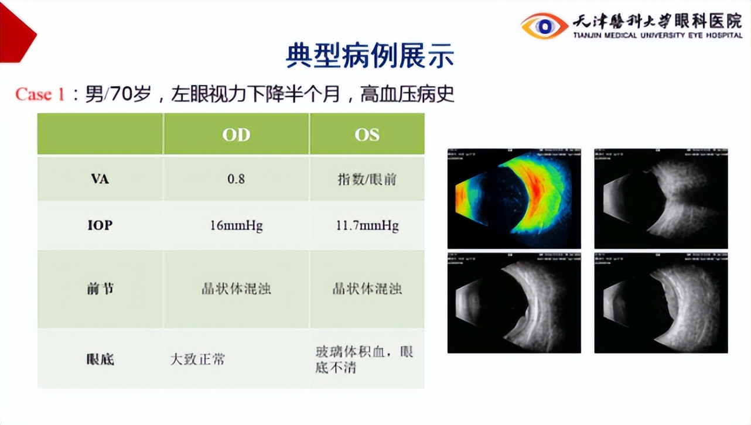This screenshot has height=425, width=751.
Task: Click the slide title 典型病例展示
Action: point(370,56)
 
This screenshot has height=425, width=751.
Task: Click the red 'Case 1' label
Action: point(40,94)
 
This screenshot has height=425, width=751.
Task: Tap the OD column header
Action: point(236,135)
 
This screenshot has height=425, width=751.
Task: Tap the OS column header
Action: point(367,135)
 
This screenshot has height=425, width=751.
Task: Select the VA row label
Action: point(100,179)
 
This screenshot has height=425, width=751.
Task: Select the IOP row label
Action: point(100,225)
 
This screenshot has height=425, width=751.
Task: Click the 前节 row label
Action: point(100,289)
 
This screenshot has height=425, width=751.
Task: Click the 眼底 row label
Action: point(100,359)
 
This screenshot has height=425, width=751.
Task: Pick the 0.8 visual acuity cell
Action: point(236,179)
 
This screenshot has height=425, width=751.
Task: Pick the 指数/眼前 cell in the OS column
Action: point(367,179)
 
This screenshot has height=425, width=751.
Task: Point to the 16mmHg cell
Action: point(236,225)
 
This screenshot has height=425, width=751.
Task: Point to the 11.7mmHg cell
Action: point(367,225)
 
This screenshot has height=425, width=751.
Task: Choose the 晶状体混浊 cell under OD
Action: point(236,289)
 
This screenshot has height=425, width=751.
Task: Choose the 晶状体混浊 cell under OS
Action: point(367,289)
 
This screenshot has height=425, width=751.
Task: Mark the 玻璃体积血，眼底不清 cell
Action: point(364,359)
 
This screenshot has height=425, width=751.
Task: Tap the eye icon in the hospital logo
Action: point(544,26)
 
